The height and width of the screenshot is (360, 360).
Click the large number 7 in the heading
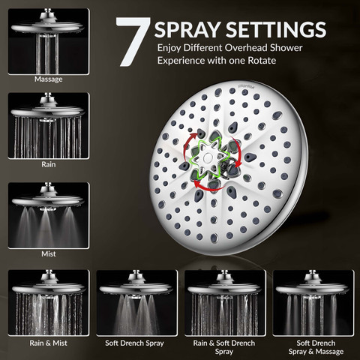[x=133, y=41]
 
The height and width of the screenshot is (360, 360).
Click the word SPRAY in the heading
[x=187, y=29]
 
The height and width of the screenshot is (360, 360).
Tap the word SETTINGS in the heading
[x=276, y=29]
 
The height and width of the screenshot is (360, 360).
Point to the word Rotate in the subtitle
[x=262, y=61]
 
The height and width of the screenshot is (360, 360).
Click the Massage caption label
[x=49, y=79]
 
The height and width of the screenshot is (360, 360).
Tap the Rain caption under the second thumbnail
[x=49, y=164]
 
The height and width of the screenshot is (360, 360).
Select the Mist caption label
[x=49, y=254]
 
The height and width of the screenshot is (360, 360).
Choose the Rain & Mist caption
[x=49, y=343]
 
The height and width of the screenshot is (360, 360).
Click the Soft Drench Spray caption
[x=134, y=343]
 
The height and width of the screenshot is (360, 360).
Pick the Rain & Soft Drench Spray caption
[x=224, y=347]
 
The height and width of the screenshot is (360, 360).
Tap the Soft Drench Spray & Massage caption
[x=316, y=347]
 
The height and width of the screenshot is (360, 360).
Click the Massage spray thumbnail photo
[x=49, y=41]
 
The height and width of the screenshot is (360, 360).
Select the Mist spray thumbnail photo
[x=49, y=215]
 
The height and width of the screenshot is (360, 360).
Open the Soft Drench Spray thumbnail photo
[x=137, y=303]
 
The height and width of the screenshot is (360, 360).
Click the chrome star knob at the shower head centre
[x=207, y=158]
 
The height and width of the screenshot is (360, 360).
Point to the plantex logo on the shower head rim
[x=244, y=85]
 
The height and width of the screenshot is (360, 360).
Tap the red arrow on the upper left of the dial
[x=187, y=145]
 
